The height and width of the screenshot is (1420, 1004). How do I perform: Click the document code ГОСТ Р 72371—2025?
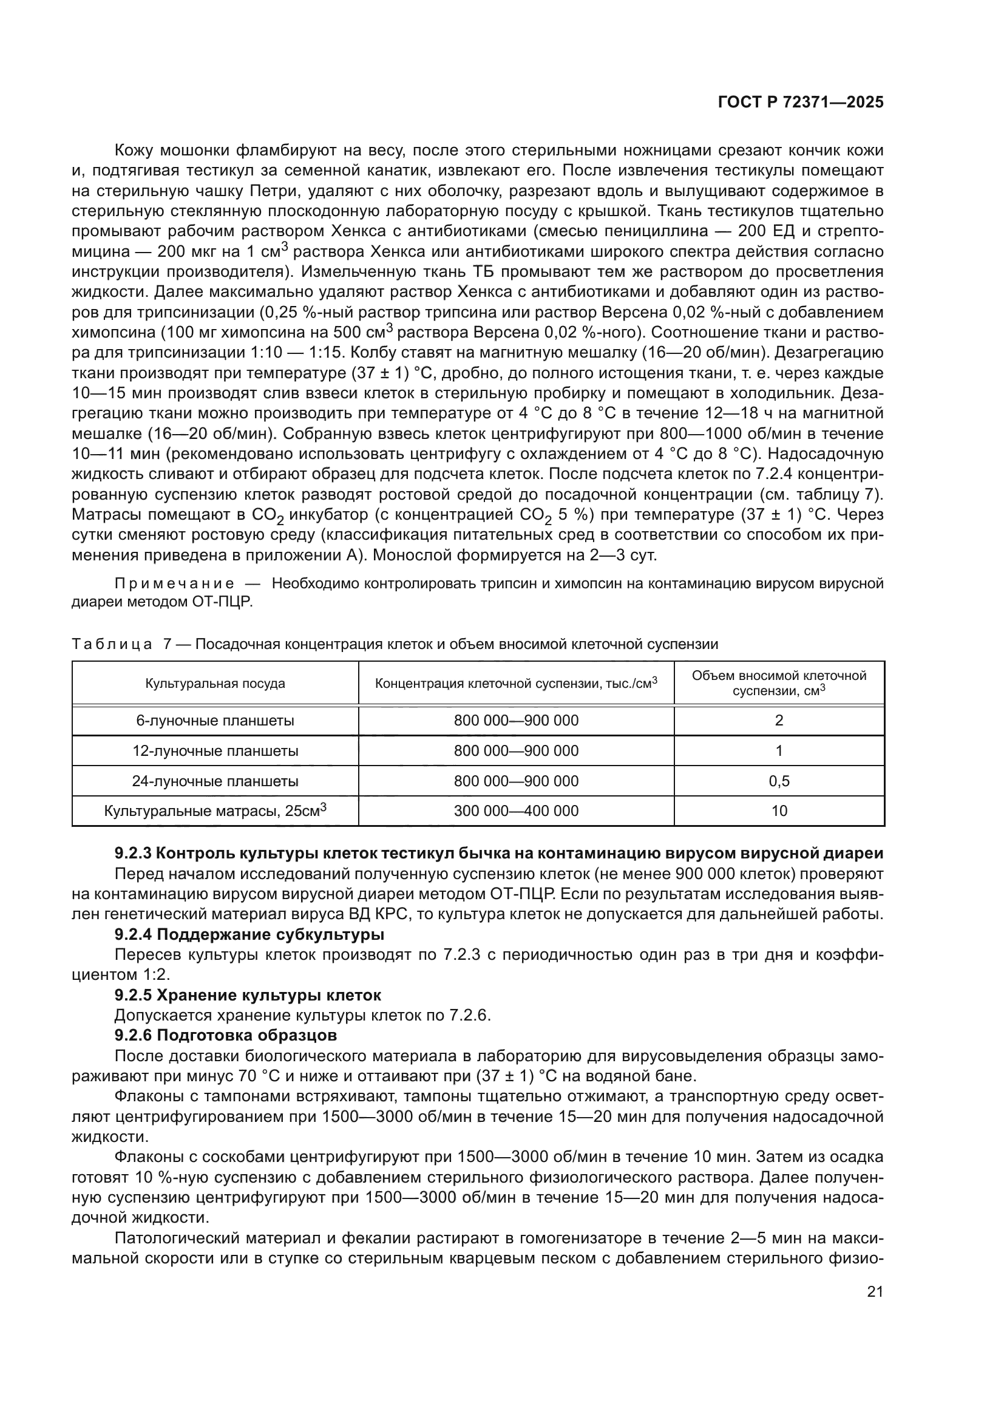801,103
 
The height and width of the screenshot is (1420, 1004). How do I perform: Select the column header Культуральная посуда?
215,684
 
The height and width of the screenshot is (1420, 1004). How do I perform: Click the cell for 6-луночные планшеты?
215,721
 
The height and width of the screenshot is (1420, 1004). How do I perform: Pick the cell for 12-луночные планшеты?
215,751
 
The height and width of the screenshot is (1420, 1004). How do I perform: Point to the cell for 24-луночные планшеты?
215,781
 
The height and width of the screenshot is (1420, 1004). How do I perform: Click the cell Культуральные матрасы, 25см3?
215,811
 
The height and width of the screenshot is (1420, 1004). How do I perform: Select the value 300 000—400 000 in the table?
516,811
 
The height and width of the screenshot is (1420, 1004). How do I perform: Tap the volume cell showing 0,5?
779,781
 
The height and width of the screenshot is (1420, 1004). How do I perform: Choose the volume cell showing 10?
779,811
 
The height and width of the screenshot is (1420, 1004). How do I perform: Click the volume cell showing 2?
779,721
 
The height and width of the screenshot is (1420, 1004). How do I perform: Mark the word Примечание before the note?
174,584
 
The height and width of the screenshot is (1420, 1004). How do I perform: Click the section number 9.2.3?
133,854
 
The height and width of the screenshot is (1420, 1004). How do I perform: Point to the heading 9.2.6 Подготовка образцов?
226,1035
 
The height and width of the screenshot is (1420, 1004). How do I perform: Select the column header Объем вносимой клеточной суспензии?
779,683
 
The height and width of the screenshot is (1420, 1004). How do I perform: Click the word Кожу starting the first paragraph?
135,151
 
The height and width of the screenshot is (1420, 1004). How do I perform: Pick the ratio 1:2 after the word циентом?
156,976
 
